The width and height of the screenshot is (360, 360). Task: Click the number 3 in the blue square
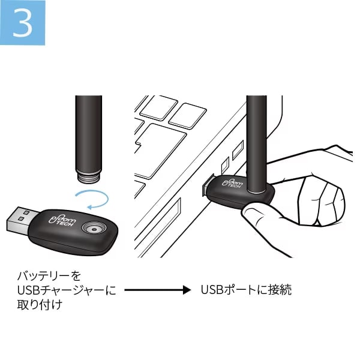[x=23, y=23]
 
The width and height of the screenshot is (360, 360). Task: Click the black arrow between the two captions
[x=157, y=290]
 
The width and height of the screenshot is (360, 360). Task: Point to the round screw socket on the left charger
[x=94, y=229]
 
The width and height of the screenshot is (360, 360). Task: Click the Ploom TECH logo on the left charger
[x=62, y=221]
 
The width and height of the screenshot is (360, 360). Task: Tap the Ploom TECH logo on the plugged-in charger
[x=232, y=183]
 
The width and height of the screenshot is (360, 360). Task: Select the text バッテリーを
[x=49, y=275]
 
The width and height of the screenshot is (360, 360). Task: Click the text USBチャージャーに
[x=67, y=290]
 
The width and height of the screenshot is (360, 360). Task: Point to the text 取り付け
[x=40, y=304]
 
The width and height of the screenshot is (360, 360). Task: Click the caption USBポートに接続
[x=246, y=290]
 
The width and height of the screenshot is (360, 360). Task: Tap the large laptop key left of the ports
[x=161, y=151]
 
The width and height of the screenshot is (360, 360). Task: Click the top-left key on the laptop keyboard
[x=158, y=107]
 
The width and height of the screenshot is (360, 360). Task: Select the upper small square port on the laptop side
[x=238, y=150]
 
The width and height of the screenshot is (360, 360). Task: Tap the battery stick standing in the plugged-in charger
[x=256, y=144]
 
